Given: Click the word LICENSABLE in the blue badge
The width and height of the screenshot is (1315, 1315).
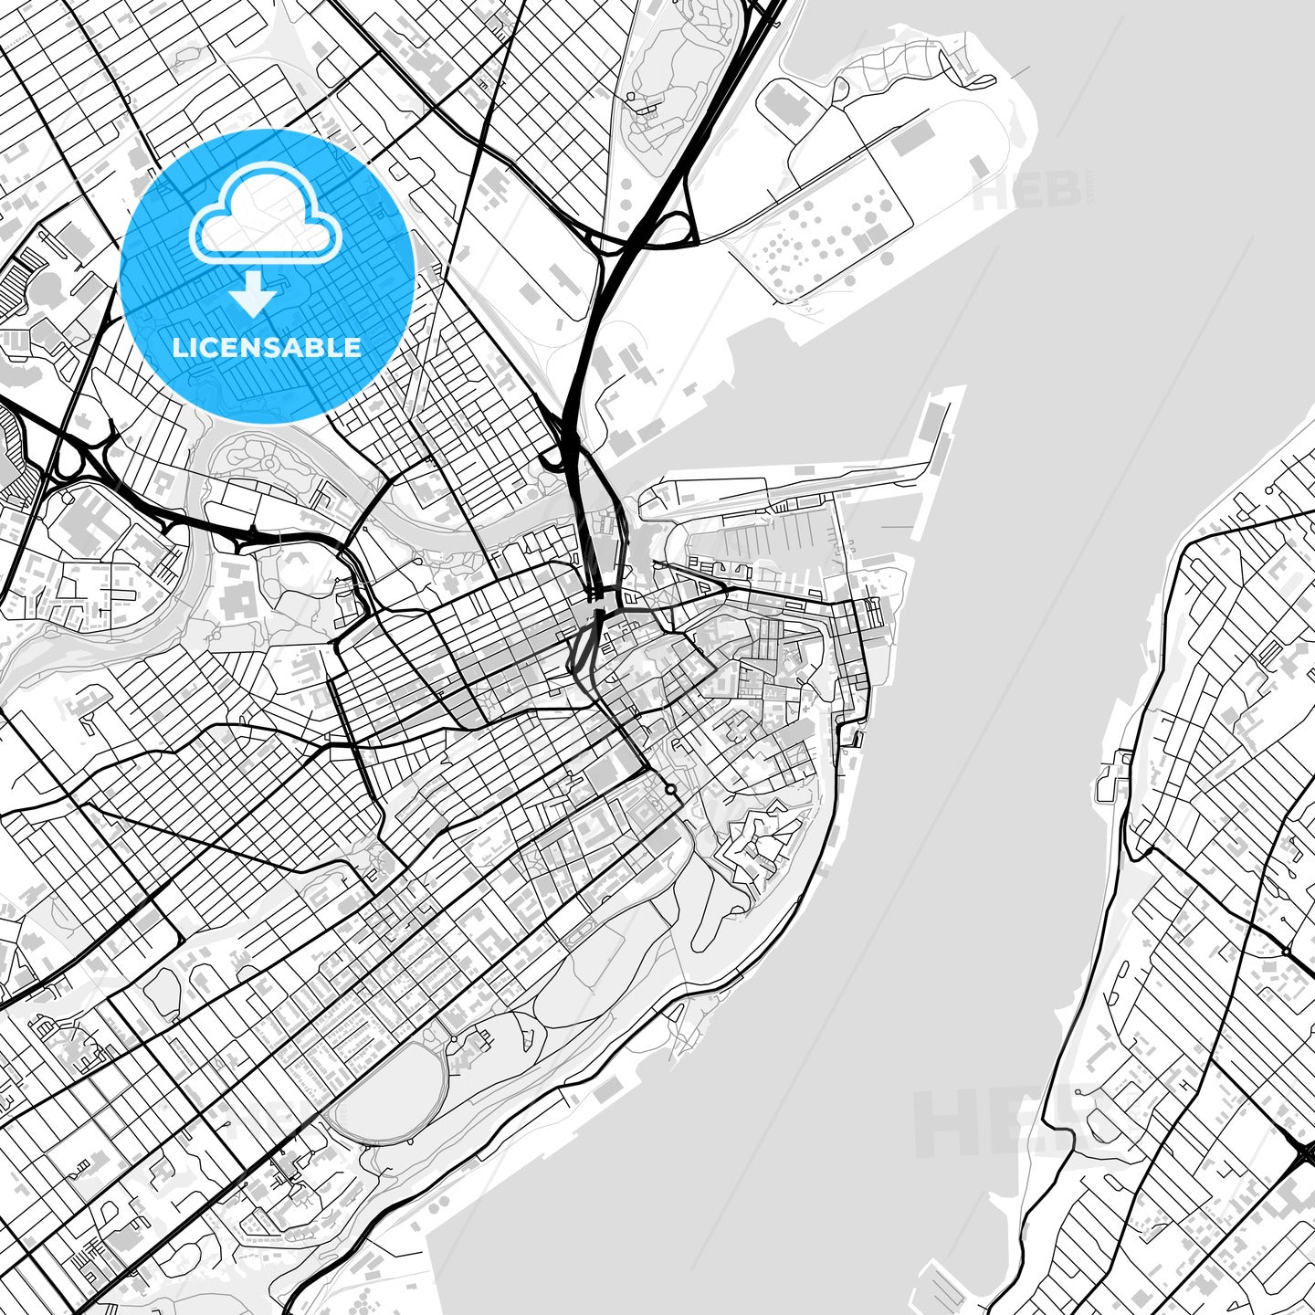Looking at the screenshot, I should (267, 347).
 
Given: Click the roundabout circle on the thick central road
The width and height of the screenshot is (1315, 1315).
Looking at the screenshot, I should (670, 788).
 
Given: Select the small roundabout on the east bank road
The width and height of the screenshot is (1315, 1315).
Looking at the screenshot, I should (1285, 952).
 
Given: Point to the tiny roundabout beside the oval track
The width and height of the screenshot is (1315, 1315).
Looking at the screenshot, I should (454, 1039).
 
